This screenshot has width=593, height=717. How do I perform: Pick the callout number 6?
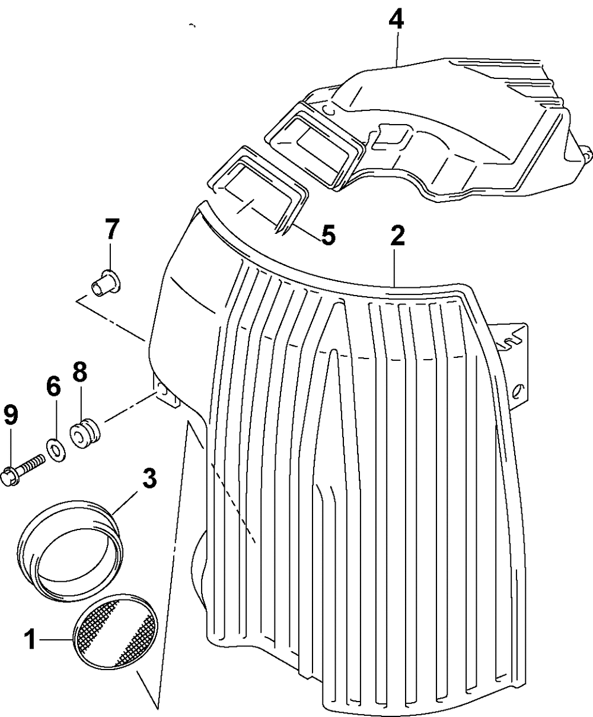(53, 388)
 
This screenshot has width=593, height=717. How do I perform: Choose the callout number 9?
(11, 415)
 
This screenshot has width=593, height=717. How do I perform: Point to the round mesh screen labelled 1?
(117, 630)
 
